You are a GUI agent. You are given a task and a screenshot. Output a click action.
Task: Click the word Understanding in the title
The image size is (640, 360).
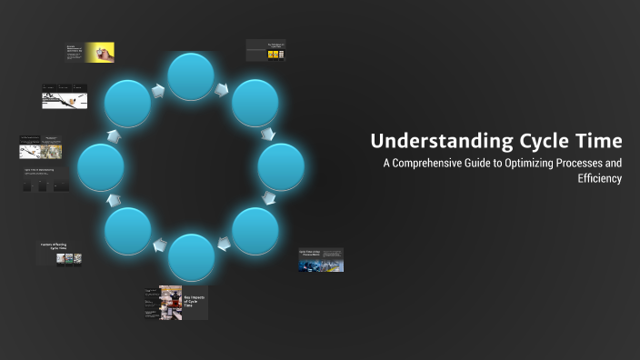(x=430, y=141)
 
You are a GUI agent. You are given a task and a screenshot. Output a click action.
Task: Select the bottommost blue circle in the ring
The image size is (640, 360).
(x=192, y=257)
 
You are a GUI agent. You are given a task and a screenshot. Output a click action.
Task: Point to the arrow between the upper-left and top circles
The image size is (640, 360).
(x=159, y=89)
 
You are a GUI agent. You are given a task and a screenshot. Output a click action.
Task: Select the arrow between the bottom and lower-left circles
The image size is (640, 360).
(x=159, y=245)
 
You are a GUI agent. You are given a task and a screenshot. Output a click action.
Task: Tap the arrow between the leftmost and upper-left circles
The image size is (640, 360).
(x=114, y=135)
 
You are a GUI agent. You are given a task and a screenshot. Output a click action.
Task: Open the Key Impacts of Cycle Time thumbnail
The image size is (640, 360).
(x=175, y=303)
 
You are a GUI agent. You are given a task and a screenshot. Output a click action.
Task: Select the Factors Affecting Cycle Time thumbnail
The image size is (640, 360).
(x=61, y=253)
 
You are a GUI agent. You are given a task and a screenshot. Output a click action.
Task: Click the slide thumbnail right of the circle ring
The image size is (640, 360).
(x=321, y=261)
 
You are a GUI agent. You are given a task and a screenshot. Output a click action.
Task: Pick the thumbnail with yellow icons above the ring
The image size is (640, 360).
(x=265, y=51)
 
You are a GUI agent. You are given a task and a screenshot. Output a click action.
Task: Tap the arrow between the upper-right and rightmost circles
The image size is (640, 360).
(x=268, y=135)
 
